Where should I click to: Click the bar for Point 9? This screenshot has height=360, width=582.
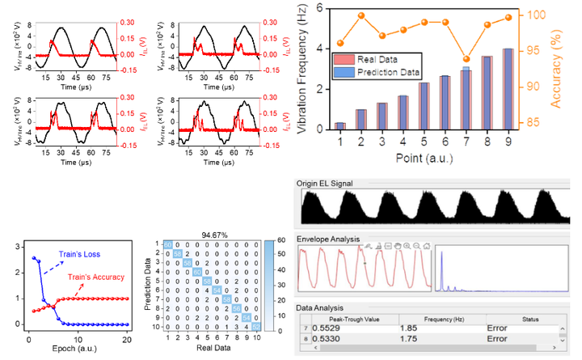[x=508, y=89]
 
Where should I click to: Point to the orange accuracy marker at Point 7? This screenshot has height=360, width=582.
[x=487, y=59]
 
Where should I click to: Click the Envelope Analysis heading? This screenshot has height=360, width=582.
[x=328, y=240]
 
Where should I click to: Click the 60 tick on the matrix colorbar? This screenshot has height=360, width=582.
[x=280, y=241]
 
